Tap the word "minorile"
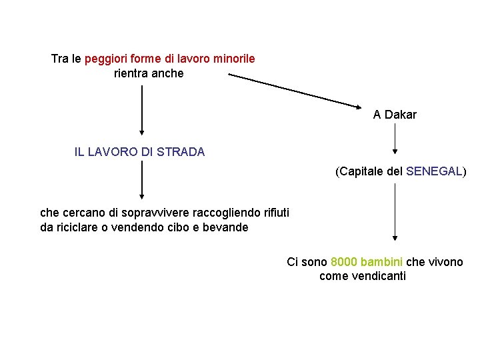233,59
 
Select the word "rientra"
131,73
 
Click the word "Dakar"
401,115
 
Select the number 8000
343,262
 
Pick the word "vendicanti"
363,276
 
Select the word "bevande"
226,227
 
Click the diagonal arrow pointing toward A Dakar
294,90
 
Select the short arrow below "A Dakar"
395,139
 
